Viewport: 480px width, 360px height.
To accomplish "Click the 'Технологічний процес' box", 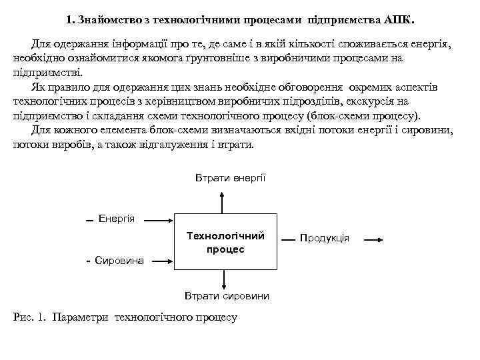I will point(225,242).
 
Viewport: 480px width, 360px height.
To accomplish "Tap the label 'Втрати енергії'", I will point(230,178).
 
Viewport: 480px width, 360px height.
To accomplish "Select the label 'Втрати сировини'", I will point(226,295).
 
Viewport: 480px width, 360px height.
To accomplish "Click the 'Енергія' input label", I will point(117,219).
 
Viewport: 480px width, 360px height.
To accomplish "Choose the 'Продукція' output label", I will point(325,238).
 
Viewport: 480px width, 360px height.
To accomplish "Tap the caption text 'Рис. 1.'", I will point(29,317).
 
